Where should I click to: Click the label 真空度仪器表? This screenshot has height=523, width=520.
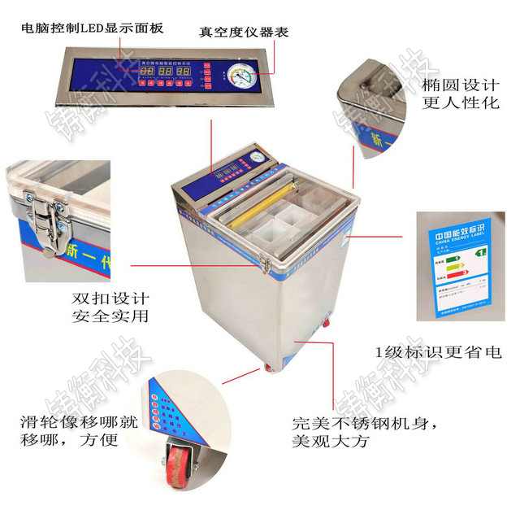tap(244, 33)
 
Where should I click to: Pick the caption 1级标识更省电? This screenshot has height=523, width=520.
tap(438, 352)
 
